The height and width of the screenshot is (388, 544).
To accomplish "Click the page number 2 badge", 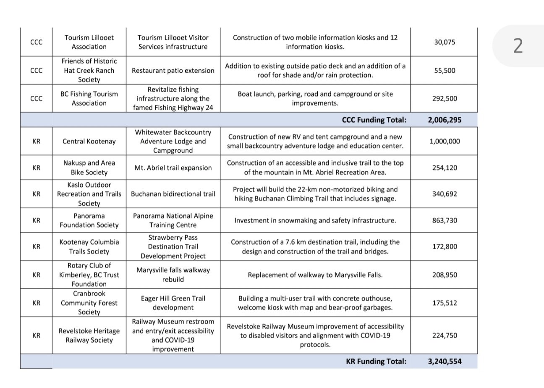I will coord(518,46).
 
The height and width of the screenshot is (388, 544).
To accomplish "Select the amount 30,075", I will coord(445,42).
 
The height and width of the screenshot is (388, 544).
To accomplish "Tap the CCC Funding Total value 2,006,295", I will coord(445,120).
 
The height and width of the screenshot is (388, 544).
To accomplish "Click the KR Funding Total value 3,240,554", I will coord(445,361).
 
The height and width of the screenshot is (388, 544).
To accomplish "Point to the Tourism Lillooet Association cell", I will coord(89,42).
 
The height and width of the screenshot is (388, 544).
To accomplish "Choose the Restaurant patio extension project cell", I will coord(173,71).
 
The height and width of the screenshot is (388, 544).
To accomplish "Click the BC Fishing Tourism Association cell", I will coord(89,98).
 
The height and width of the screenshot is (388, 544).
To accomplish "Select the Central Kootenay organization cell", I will coord(89,142).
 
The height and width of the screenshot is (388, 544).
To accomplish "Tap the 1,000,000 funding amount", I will coord(445,142).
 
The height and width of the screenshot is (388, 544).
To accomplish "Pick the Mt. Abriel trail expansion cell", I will coord(173,168).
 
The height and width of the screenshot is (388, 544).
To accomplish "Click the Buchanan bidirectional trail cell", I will coord(173,194).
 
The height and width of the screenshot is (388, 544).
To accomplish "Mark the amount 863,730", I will coord(445,220).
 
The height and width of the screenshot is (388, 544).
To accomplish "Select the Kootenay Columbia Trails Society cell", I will coord(89,247).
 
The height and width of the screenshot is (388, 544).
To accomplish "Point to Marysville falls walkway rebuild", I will coord(173,275).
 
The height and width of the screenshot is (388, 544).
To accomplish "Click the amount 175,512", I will coord(445,303).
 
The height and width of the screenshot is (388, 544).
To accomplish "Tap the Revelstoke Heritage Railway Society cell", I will coord(89,335).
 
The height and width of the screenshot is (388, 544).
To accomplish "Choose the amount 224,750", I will coord(445,335).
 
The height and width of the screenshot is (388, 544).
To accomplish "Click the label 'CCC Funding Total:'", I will coord(374,120).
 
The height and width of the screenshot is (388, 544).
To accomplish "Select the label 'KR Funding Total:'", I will coord(376,361).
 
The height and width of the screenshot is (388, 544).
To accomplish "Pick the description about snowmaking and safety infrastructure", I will coord(314,220).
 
